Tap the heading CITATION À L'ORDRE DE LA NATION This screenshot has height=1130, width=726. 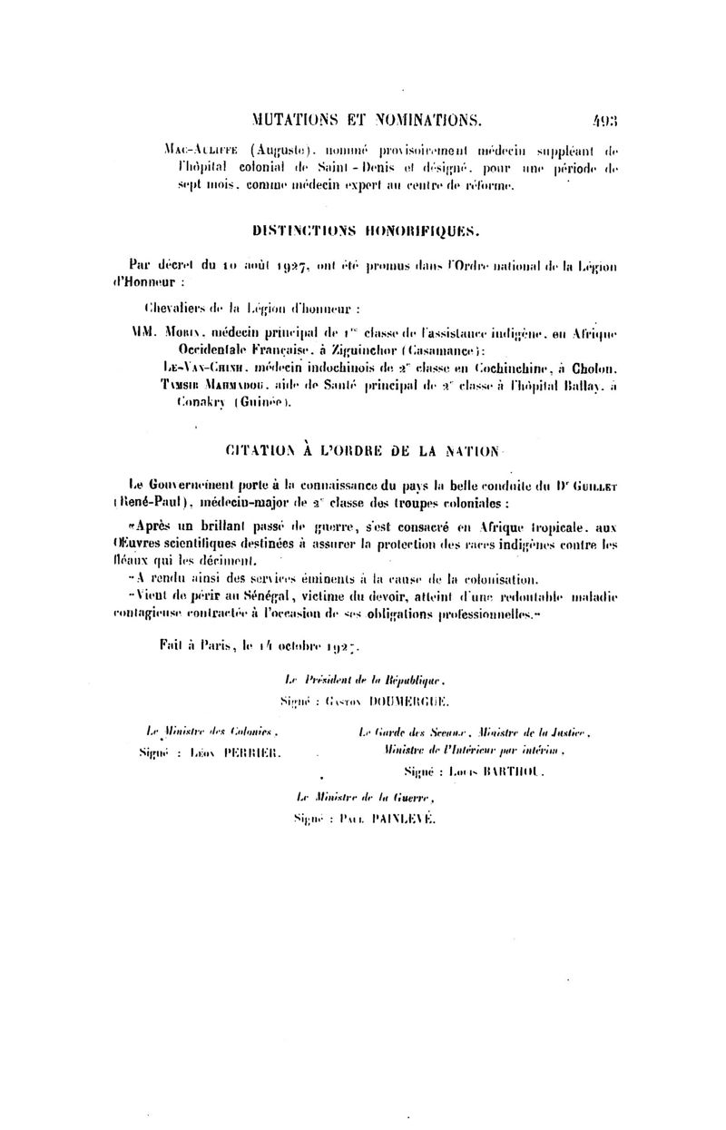361,450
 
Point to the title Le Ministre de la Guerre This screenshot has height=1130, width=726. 367,799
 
